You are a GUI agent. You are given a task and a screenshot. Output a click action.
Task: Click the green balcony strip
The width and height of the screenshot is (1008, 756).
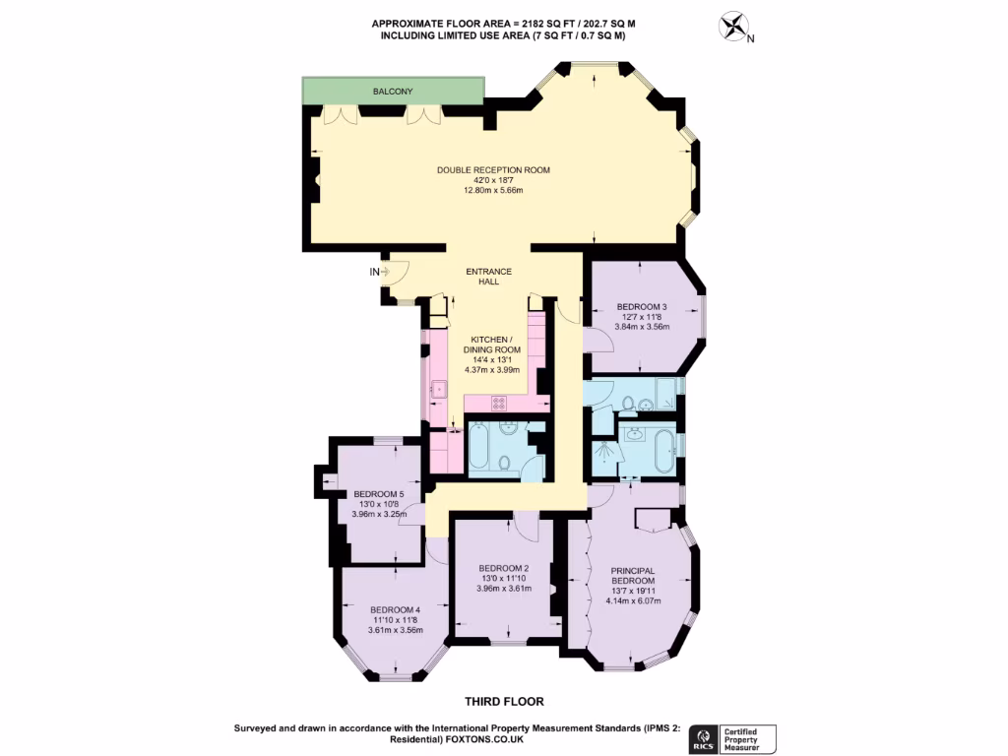(x=393, y=92)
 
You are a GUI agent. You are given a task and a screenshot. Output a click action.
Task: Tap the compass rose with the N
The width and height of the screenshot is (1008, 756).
(x=733, y=27)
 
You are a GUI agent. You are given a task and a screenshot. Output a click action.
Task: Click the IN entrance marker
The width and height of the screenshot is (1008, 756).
(x=375, y=272)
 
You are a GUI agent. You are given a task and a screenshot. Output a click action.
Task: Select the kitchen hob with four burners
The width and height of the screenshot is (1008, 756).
(x=499, y=402)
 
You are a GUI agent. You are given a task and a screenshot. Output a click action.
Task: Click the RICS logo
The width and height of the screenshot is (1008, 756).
(x=704, y=738)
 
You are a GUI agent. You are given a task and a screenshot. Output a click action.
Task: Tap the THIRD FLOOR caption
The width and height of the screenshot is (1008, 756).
(x=503, y=702)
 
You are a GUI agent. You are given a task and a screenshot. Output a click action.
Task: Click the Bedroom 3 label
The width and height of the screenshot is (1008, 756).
(x=642, y=306)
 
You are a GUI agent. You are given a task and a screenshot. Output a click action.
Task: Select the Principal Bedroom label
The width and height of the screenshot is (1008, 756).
(x=632, y=576)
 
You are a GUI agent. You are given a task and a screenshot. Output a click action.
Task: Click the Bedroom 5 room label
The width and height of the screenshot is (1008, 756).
(x=379, y=494)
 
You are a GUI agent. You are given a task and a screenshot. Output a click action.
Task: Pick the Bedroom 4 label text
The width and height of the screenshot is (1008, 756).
(x=394, y=609)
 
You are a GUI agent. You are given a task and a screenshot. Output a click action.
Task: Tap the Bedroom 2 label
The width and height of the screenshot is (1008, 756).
(x=504, y=568)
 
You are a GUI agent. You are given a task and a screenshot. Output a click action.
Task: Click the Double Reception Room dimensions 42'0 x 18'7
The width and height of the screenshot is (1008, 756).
(x=493, y=180)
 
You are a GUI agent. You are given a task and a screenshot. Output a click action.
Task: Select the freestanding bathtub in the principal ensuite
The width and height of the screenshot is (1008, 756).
(x=665, y=451)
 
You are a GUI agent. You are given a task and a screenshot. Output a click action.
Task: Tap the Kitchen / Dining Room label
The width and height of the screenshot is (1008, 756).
(x=492, y=344)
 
